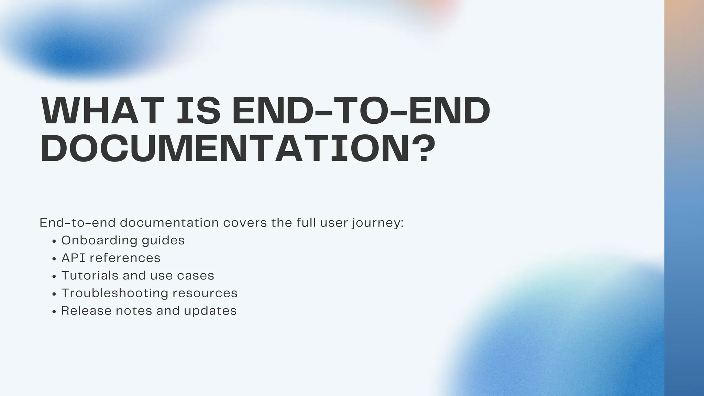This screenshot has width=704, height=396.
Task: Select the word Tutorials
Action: pyautogui.click(x=89, y=275)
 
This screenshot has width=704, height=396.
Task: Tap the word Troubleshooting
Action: pyautogui.click(x=114, y=293)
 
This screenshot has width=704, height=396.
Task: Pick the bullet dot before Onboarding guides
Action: pyautogui.click(x=54, y=241)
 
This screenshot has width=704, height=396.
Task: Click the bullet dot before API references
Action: pyautogui.click(x=54, y=259)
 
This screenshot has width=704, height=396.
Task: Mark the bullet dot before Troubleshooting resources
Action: pyautogui.click(x=54, y=294)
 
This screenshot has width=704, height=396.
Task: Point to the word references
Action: pyautogui.click(x=125, y=258)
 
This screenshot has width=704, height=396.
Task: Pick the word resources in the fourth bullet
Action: pyautogui.click(x=205, y=293)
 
